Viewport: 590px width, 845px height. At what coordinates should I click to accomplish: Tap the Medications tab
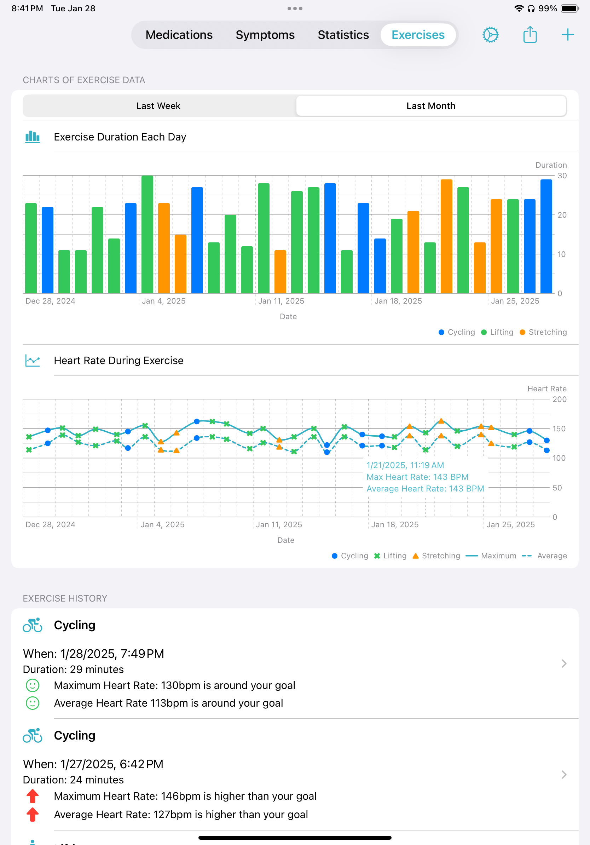[x=179, y=35]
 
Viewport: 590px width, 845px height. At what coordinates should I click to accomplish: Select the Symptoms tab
[x=265, y=35]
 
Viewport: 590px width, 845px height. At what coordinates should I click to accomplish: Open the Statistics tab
[x=343, y=35]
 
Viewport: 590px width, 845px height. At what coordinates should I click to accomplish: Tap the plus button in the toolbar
[x=567, y=35]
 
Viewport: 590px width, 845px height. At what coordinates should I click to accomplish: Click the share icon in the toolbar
[x=530, y=35]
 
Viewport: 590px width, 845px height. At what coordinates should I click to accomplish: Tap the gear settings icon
[x=490, y=35]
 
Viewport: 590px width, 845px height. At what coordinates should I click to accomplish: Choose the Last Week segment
[x=158, y=106]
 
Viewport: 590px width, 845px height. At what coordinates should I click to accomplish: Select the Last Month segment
[x=431, y=106]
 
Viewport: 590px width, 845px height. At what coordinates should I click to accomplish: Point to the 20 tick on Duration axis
[x=562, y=215]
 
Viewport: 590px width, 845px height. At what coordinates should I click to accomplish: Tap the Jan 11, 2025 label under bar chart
[x=281, y=301]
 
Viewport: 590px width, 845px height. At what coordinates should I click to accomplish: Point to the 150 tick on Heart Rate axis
[x=559, y=429]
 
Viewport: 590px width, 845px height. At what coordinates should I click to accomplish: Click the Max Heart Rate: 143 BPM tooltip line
[x=417, y=477]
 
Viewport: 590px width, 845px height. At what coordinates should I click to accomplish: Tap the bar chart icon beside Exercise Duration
[x=33, y=137]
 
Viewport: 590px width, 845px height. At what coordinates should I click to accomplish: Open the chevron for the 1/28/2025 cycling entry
[x=563, y=663]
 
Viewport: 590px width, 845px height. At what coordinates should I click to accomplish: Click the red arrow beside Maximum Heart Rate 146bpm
[x=33, y=796]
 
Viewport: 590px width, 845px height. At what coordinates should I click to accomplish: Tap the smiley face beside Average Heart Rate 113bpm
[x=33, y=703]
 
